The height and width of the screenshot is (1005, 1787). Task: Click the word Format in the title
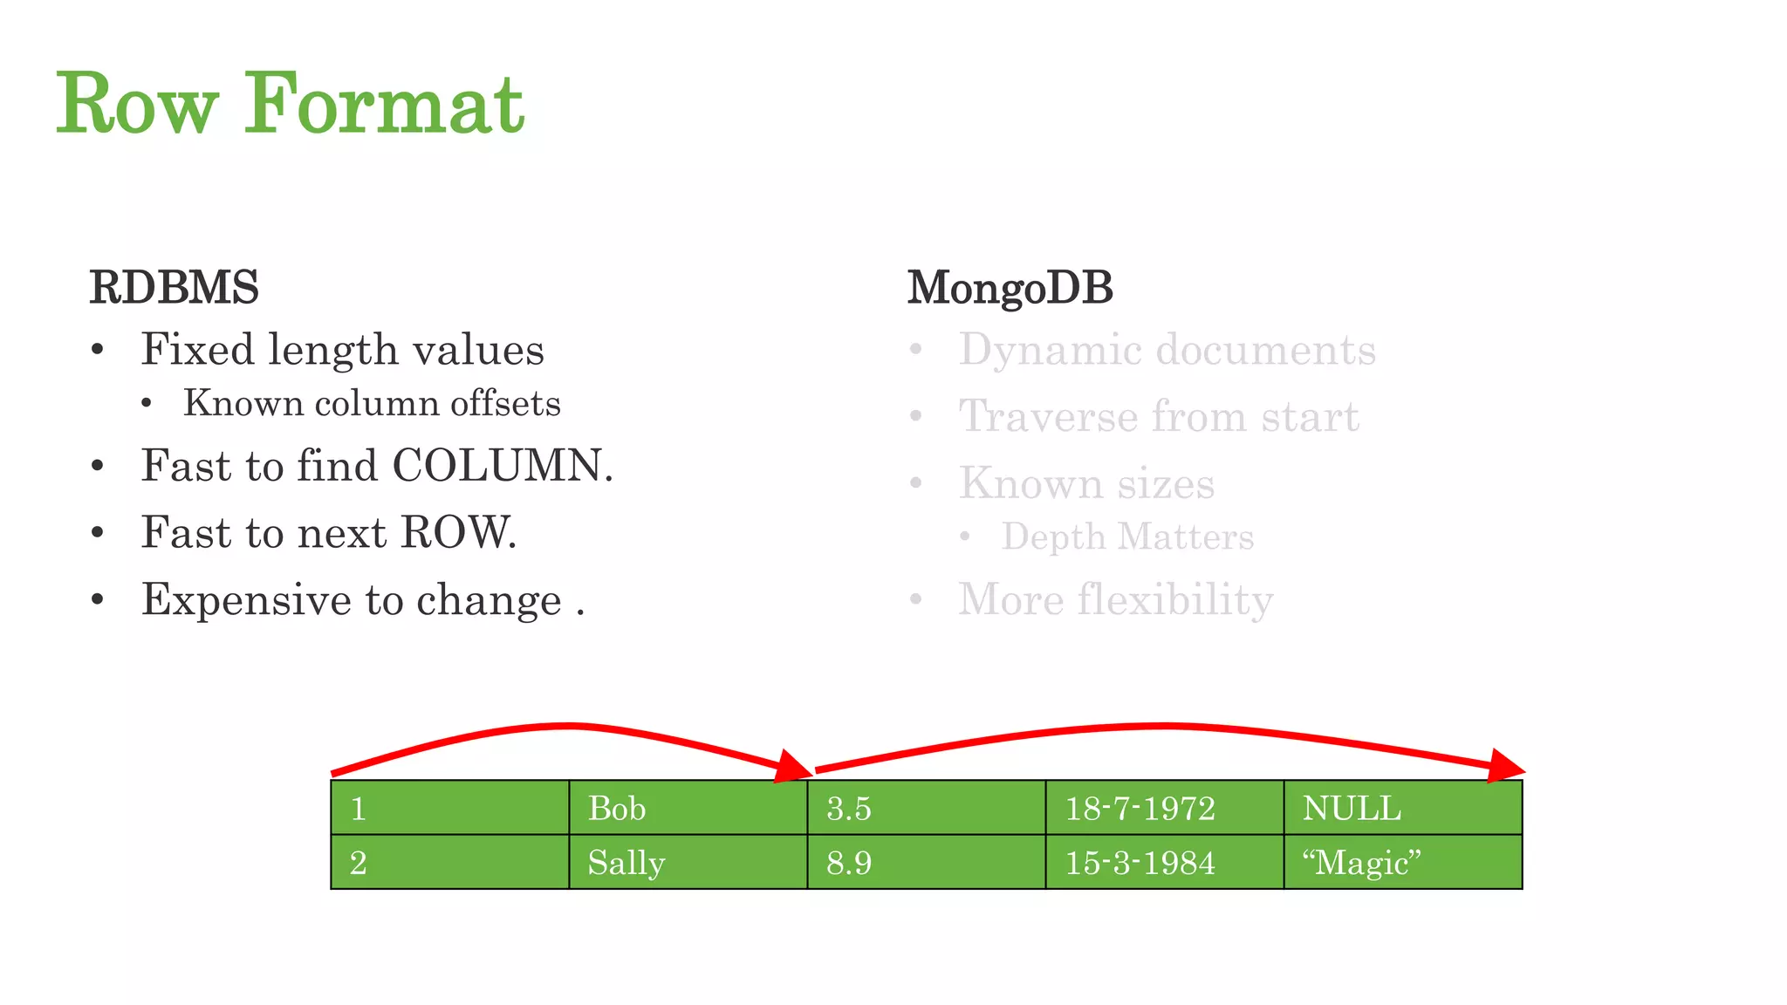tap(384, 105)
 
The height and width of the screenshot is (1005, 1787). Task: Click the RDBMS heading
tap(174, 287)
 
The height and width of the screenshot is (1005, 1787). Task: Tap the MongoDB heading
tap(1010, 287)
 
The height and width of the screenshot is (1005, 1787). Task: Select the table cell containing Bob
tap(688, 808)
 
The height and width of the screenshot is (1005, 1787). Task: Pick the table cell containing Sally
tap(688, 862)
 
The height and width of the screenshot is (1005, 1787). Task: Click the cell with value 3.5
tap(926, 808)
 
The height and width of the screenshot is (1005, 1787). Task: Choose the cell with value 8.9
tap(926, 862)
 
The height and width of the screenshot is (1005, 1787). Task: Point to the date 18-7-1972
tap(1140, 808)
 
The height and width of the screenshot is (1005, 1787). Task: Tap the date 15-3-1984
tap(1140, 862)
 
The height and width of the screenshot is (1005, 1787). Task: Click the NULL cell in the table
tap(1402, 808)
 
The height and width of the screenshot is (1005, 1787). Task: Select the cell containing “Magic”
tap(1402, 862)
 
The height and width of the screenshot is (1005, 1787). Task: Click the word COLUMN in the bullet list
tap(502, 465)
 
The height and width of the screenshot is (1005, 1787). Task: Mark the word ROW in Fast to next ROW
tap(457, 532)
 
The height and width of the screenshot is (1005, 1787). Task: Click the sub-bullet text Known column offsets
tap(372, 403)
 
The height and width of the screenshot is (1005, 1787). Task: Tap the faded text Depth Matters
tap(1127, 537)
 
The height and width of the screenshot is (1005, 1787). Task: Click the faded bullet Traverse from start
tap(1159, 416)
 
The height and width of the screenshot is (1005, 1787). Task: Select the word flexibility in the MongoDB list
tap(1174, 600)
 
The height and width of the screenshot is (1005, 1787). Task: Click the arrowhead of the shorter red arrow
tap(795, 767)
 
